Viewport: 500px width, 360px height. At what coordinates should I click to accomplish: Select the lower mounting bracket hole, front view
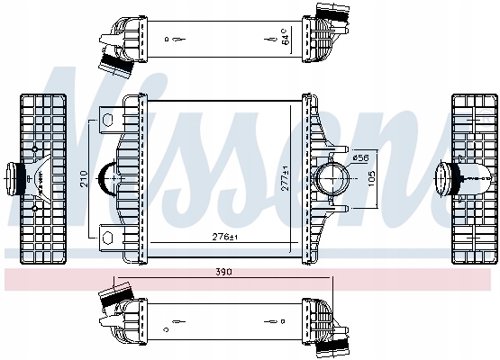[108, 237]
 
